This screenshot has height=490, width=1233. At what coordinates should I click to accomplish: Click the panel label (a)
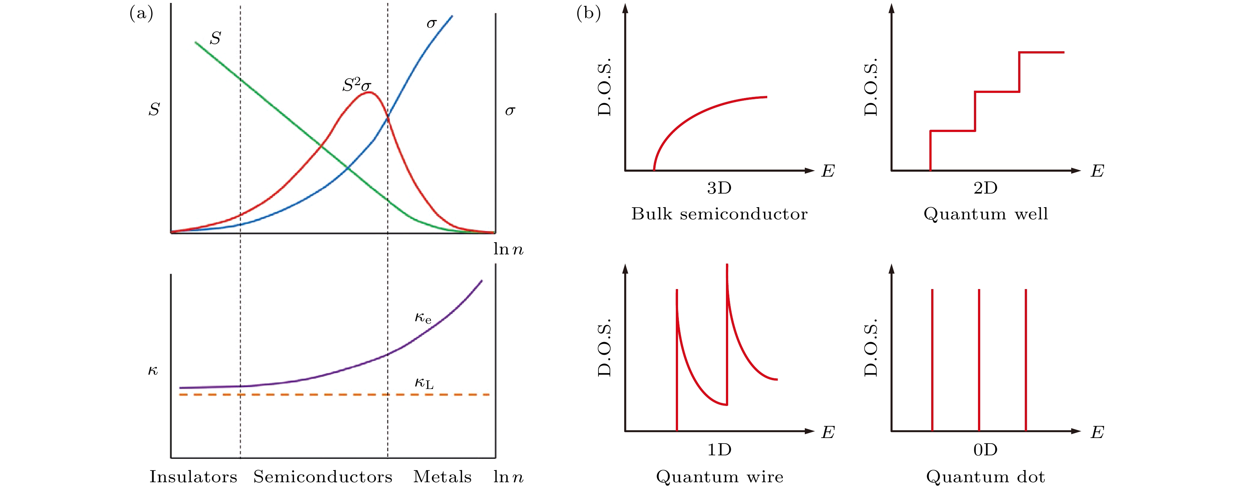(141, 13)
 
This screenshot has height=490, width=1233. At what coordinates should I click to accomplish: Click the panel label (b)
(588, 13)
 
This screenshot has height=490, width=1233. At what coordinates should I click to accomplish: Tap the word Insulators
(193, 477)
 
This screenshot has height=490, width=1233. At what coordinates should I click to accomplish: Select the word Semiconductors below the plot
(322, 477)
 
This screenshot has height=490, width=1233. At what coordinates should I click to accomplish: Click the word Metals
(442, 477)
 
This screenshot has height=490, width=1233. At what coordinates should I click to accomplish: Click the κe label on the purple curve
(423, 317)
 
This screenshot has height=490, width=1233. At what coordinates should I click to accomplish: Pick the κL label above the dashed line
(424, 383)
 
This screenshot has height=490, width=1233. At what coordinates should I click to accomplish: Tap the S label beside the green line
(216, 38)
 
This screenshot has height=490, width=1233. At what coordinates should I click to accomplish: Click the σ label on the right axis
(510, 111)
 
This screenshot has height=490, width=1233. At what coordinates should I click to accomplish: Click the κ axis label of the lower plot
(153, 370)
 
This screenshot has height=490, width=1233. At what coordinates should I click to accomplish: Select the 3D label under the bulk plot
(719, 188)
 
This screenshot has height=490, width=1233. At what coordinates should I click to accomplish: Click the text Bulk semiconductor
(719, 213)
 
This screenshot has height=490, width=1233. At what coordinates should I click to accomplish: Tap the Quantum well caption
(985, 213)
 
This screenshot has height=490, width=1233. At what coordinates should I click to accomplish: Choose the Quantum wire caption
(719, 477)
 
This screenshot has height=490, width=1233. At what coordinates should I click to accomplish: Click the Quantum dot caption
(985, 477)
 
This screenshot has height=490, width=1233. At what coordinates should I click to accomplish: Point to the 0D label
(985, 450)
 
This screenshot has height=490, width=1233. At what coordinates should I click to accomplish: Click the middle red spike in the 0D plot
(979, 359)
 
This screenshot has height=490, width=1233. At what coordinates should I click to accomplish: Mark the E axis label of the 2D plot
(1097, 171)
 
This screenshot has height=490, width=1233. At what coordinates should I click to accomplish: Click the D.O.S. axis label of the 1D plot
(605, 347)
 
